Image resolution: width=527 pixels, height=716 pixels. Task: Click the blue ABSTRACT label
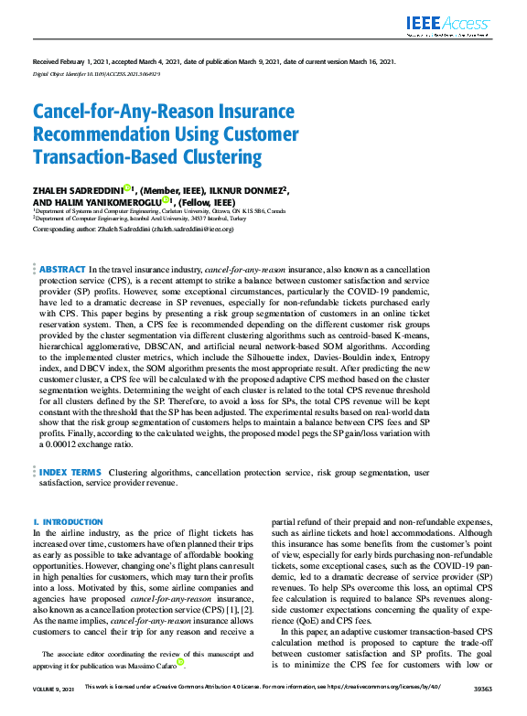click(61, 271)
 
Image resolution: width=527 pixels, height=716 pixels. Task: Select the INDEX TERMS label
click(70, 472)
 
